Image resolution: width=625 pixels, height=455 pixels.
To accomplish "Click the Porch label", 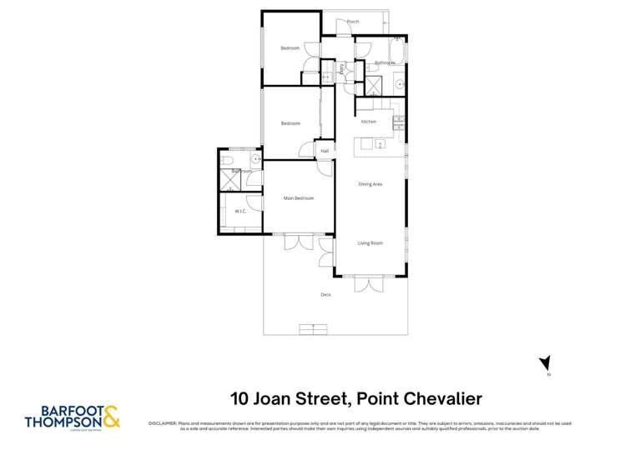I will tap(353, 22).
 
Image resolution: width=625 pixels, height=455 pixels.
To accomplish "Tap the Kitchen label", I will tap(369, 122).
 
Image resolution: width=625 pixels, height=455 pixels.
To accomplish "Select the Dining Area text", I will tap(370, 184).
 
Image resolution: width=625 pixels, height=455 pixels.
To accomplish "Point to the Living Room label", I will tap(370, 242).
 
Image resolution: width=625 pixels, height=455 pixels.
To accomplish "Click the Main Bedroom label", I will tap(299, 198).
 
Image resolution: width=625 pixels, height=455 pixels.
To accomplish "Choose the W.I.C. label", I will tap(239, 211).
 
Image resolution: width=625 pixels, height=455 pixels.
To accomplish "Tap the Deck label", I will tap(325, 295).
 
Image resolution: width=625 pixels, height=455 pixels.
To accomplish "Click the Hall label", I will tap(325, 151).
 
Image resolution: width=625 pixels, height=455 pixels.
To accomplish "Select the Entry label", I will tap(341, 72).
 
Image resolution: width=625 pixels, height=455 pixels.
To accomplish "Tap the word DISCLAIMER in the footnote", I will tap(163, 423).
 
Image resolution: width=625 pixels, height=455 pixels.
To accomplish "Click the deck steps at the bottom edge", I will tap(313, 330).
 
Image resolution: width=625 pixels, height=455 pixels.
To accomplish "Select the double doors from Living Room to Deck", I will tap(368, 284).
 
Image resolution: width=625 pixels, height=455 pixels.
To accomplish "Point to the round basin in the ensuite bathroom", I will tap(255, 157).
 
